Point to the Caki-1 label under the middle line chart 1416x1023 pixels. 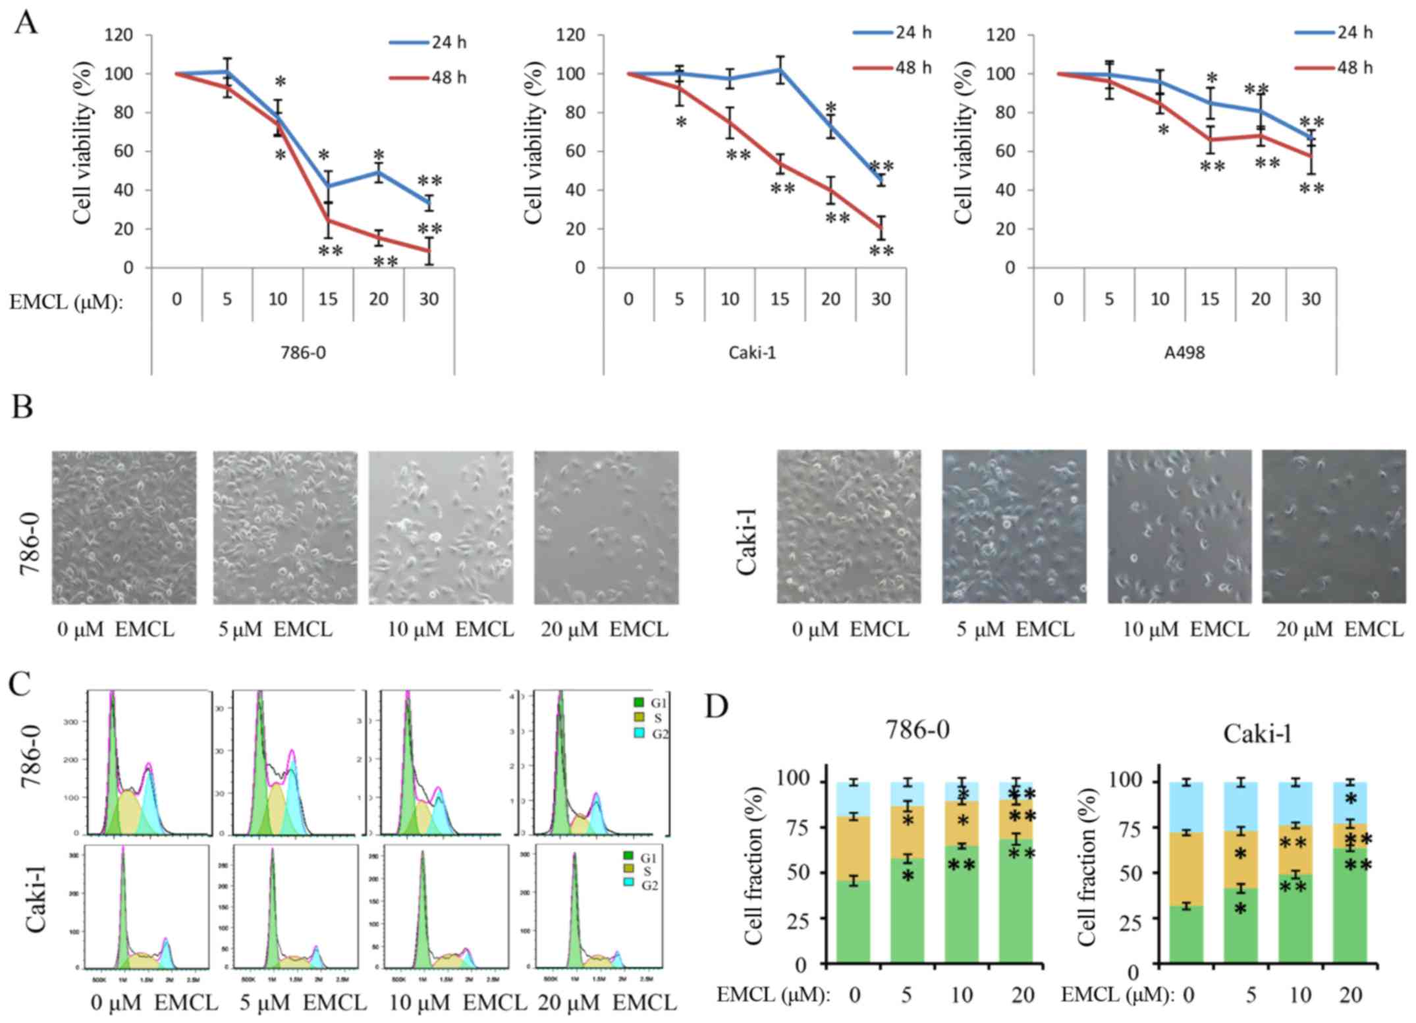(752, 353)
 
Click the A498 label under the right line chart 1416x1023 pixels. (1184, 353)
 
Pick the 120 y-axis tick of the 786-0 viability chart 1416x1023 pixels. (119, 35)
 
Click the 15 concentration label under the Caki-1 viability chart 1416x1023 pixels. (780, 300)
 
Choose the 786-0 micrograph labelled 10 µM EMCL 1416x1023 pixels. (441, 527)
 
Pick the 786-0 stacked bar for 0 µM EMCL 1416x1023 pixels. (854, 873)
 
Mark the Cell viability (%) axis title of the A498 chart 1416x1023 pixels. (963, 151)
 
